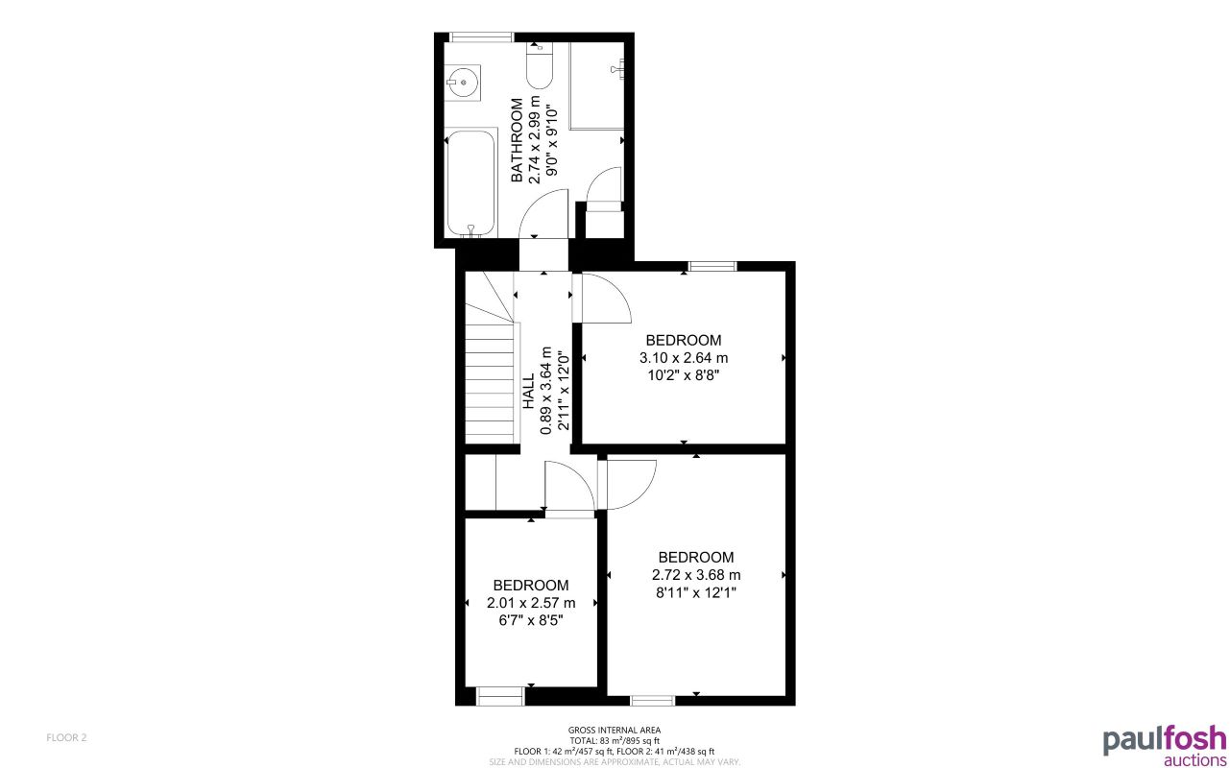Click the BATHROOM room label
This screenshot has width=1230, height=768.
[x=518, y=140]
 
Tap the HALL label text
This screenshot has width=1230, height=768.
[x=528, y=392]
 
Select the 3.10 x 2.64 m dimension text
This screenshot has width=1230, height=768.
[x=684, y=358]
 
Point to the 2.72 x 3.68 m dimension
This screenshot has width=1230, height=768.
[x=696, y=575]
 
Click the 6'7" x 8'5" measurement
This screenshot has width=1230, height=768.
[x=530, y=620]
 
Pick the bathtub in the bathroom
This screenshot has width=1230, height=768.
[x=471, y=182]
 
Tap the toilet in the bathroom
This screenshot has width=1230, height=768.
[x=540, y=66]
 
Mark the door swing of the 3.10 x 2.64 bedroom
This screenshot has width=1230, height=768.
[x=604, y=299]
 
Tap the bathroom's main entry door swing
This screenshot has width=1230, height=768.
[x=545, y=213]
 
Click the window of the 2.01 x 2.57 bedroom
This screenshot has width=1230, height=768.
[x=501, y=696]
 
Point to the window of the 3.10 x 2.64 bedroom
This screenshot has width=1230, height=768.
[x=712, y=266]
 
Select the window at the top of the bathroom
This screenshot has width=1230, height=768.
[x=481, y=37]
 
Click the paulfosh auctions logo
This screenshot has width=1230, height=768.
[x=1163, y=745]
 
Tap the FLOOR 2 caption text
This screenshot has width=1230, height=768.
[x=66, y=737]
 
